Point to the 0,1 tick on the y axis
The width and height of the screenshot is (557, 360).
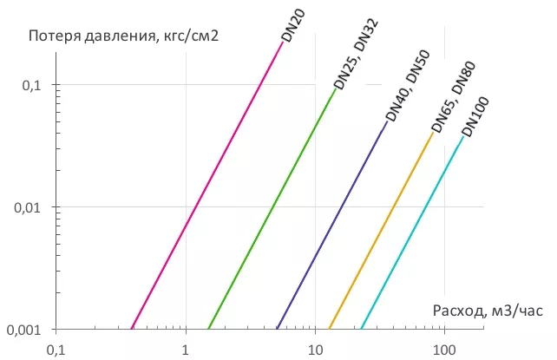(x=31, y=86)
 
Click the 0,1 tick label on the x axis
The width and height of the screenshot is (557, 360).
(x=56, y=350)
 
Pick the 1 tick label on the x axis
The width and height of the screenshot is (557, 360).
(x=186, y=350)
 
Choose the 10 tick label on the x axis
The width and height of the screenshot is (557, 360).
(x=315, y=350)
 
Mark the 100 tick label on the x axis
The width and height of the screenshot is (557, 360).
(x=444, y=350)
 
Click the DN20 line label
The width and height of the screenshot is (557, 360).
(x=293, y=21)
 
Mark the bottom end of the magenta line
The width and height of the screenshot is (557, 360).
(x=131, y=329)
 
